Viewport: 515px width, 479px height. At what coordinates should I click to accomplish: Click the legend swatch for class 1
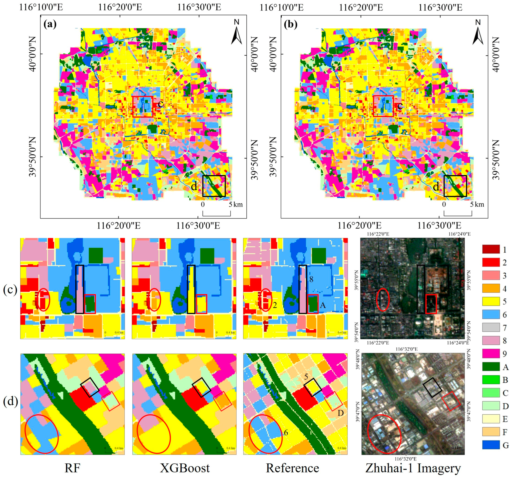[491, 249]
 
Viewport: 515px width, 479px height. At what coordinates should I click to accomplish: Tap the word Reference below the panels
[293, 468]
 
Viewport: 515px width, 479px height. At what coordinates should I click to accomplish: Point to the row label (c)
[10, 290]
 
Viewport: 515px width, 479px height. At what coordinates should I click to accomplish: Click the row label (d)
[10, 402]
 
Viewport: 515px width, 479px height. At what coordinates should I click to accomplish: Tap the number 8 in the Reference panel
[311, 279]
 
